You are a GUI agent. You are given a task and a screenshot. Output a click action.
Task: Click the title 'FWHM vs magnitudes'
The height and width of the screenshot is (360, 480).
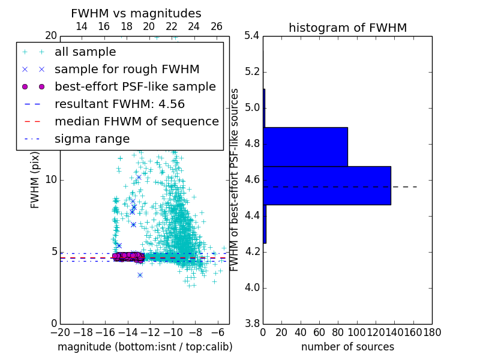(x=136, y=13)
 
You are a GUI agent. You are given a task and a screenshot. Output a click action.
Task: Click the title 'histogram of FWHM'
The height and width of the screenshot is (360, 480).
(x=347, y=28)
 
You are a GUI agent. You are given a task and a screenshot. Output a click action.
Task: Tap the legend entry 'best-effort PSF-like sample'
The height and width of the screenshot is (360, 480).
(x=135, y=87)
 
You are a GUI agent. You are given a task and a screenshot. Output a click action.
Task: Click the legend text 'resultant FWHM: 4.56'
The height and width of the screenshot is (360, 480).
(x=119, y=104)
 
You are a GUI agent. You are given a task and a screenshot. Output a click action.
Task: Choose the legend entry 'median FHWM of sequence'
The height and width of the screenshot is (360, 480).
(x=136, y=122)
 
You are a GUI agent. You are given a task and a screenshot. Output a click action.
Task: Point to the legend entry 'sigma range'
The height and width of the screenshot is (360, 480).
(x=92, y=139)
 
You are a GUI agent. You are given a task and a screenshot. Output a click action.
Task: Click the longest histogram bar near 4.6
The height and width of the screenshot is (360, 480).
(x=326, y=185)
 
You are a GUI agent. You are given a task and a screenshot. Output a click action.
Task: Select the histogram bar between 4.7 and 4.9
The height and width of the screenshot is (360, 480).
(x=305, y=146)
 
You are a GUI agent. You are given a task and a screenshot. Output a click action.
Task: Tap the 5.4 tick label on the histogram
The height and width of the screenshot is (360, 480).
(x=252, y=35)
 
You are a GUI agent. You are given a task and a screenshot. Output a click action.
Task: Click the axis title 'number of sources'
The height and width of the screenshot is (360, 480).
(x=347, y=347)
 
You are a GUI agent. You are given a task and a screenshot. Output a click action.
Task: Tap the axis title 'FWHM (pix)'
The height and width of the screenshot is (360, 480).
(x=35, y=179)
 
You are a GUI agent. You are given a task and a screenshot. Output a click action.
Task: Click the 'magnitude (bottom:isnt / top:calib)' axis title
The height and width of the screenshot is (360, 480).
(x=145, y=347)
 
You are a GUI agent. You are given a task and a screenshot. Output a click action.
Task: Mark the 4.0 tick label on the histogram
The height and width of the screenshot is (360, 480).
(x=252, y=288)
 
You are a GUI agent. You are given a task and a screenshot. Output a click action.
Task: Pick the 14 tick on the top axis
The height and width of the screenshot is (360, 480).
(x=82, y=26)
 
